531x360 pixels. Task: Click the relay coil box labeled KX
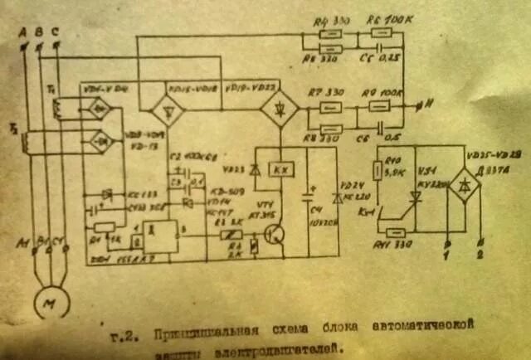[280, 170]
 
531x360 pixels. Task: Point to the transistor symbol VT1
[274, 235]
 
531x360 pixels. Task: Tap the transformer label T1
[51, 85]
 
